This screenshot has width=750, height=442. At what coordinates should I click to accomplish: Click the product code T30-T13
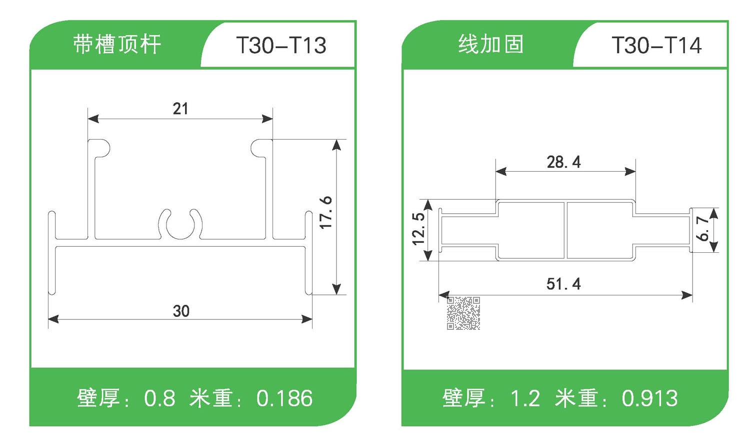(x=281, y=46)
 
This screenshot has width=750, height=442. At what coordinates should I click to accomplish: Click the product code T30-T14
(x=656, y=46)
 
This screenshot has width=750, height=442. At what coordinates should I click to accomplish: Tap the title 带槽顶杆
(x=117, y=44)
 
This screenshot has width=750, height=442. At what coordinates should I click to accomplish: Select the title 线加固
(x=491, y=44)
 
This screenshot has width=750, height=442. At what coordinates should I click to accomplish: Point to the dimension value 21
(x=180, y=109)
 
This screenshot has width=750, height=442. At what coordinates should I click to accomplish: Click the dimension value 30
(x=181, y=311)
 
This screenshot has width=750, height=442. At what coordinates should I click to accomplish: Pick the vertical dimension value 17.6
(x=325, y=213)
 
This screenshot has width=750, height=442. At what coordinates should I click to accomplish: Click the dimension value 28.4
(x=563, y=162)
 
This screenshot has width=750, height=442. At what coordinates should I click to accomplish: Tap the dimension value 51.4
(x=563, y=284)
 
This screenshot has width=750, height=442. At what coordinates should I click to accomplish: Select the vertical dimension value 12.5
(x=418, y=229)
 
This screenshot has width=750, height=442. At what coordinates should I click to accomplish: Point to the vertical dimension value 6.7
(x=702, y=228)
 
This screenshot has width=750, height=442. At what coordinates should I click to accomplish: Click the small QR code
(x=463, y=313)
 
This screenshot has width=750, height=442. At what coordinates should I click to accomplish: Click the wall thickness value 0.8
(x=159, y=398)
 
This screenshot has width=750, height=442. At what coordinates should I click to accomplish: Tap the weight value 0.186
(x=284, y=398)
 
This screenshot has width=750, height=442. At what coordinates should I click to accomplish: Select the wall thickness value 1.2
(x=525, y=398)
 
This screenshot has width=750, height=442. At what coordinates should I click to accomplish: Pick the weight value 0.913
(x=649, y=398)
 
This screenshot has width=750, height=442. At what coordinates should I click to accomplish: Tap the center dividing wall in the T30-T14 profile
(x=565, y=230)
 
